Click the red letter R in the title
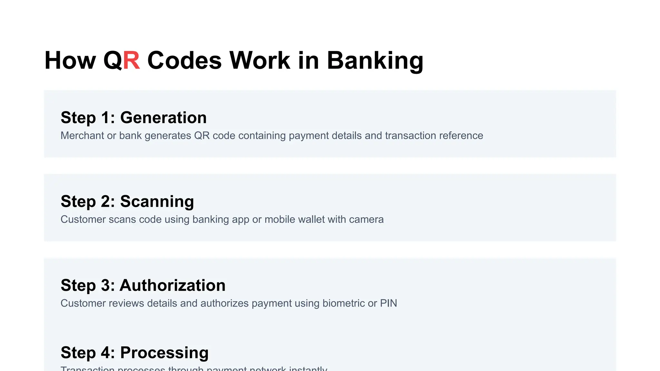[131, 61]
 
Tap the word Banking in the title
[375, 61]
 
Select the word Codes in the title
[184, 61]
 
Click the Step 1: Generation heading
[133, 118]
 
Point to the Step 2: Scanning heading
[127, 201]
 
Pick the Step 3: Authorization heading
[143, 285]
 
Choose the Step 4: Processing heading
[134, 353]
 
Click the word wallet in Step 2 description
[311, 219]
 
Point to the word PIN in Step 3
[388, 303]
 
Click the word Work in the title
[259, 61]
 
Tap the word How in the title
[70, 61]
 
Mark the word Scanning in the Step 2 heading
[157, 201]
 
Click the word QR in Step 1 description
[202, 136]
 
